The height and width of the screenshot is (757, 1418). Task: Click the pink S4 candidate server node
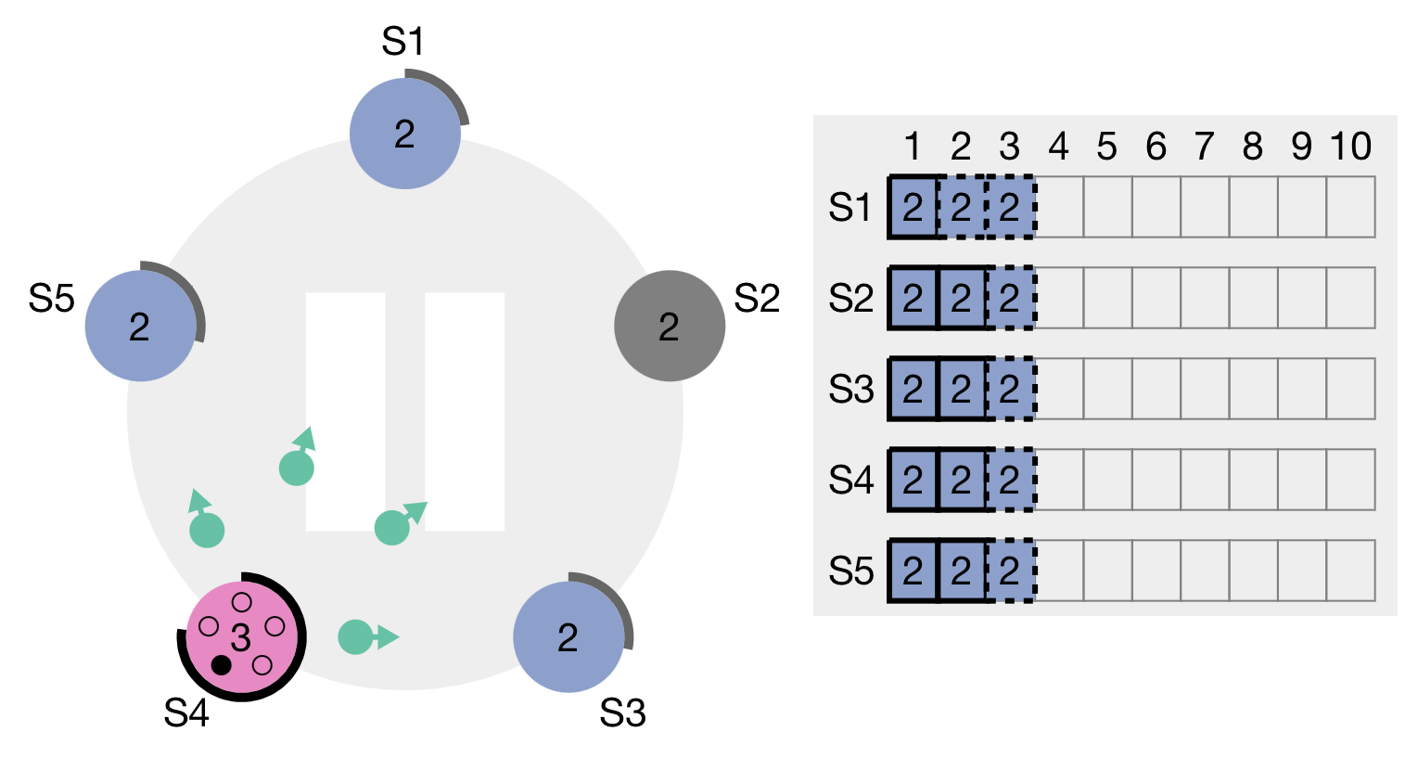tap(242, 636)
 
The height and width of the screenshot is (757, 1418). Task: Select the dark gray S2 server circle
tap(670, 326)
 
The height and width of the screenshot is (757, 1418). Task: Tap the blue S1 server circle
tap(405, 134)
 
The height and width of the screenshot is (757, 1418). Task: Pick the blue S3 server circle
tap(568, 636)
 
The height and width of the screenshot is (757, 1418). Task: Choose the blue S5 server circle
tap(140, 326)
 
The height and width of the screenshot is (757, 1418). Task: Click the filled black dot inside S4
tap(221, 664)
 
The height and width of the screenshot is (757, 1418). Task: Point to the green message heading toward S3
tap(356, 637)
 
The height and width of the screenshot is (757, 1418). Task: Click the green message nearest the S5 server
tap(207, 530)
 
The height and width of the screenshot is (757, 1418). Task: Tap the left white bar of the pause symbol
tap(345, 411)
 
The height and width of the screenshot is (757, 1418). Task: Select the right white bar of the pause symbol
tap(465, 411)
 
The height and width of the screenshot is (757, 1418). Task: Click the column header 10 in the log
tap(1350, 147)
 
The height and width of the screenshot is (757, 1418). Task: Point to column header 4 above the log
tap(1058, 147)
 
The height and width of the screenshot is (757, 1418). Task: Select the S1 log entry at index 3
tap(1010, 207)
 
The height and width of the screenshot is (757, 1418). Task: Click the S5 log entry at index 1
tap(913, 571)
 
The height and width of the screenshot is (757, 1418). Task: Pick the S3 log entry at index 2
tap(962, 389)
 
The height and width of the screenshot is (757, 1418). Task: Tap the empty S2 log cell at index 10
tap(1350, 298)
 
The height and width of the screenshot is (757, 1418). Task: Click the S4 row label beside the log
tap(851, 480)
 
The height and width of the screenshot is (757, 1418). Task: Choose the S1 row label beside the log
tap(851, 207)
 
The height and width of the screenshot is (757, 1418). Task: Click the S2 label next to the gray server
tap(757, 299)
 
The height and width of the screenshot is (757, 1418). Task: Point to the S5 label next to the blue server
tap(51, 299)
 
